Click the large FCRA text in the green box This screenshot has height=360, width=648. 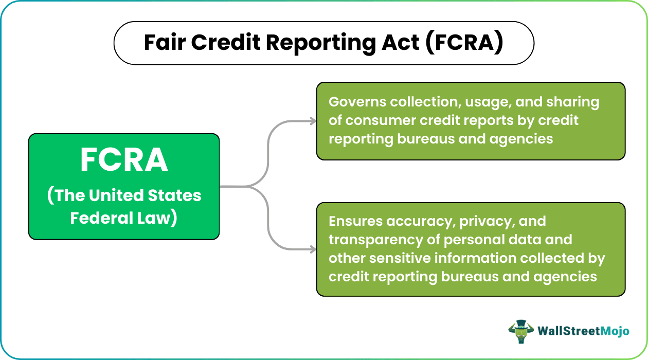click(124, 160)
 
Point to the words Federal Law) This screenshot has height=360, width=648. click(124, 218)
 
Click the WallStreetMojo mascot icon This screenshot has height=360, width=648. click(519, 331)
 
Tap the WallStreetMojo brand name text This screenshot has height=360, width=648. click(583, 331)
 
